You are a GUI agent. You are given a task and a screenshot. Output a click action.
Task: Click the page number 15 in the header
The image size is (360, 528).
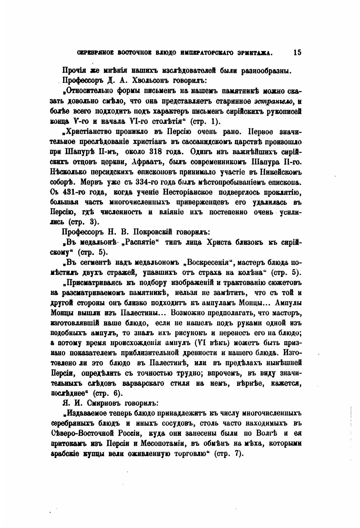(x=297, y=52)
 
